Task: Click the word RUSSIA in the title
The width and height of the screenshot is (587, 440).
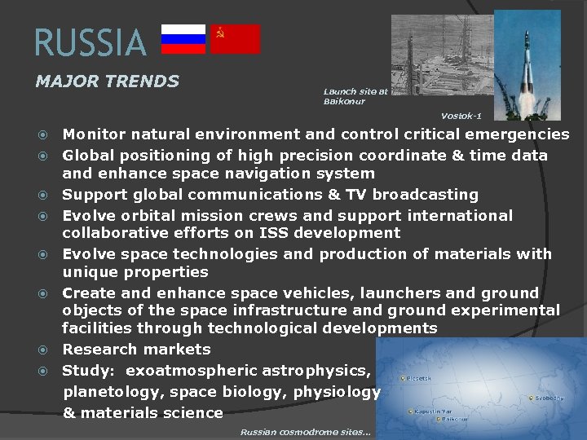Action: pos(90,43)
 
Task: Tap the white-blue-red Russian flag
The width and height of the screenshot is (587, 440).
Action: pos(183,39)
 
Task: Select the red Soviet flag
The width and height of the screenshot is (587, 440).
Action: pos(235,39)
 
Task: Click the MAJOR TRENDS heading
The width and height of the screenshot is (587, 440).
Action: pos(107,81)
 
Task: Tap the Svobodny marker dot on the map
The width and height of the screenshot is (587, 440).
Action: pos(531,398)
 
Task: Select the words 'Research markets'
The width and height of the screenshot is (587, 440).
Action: pos(136,350)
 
